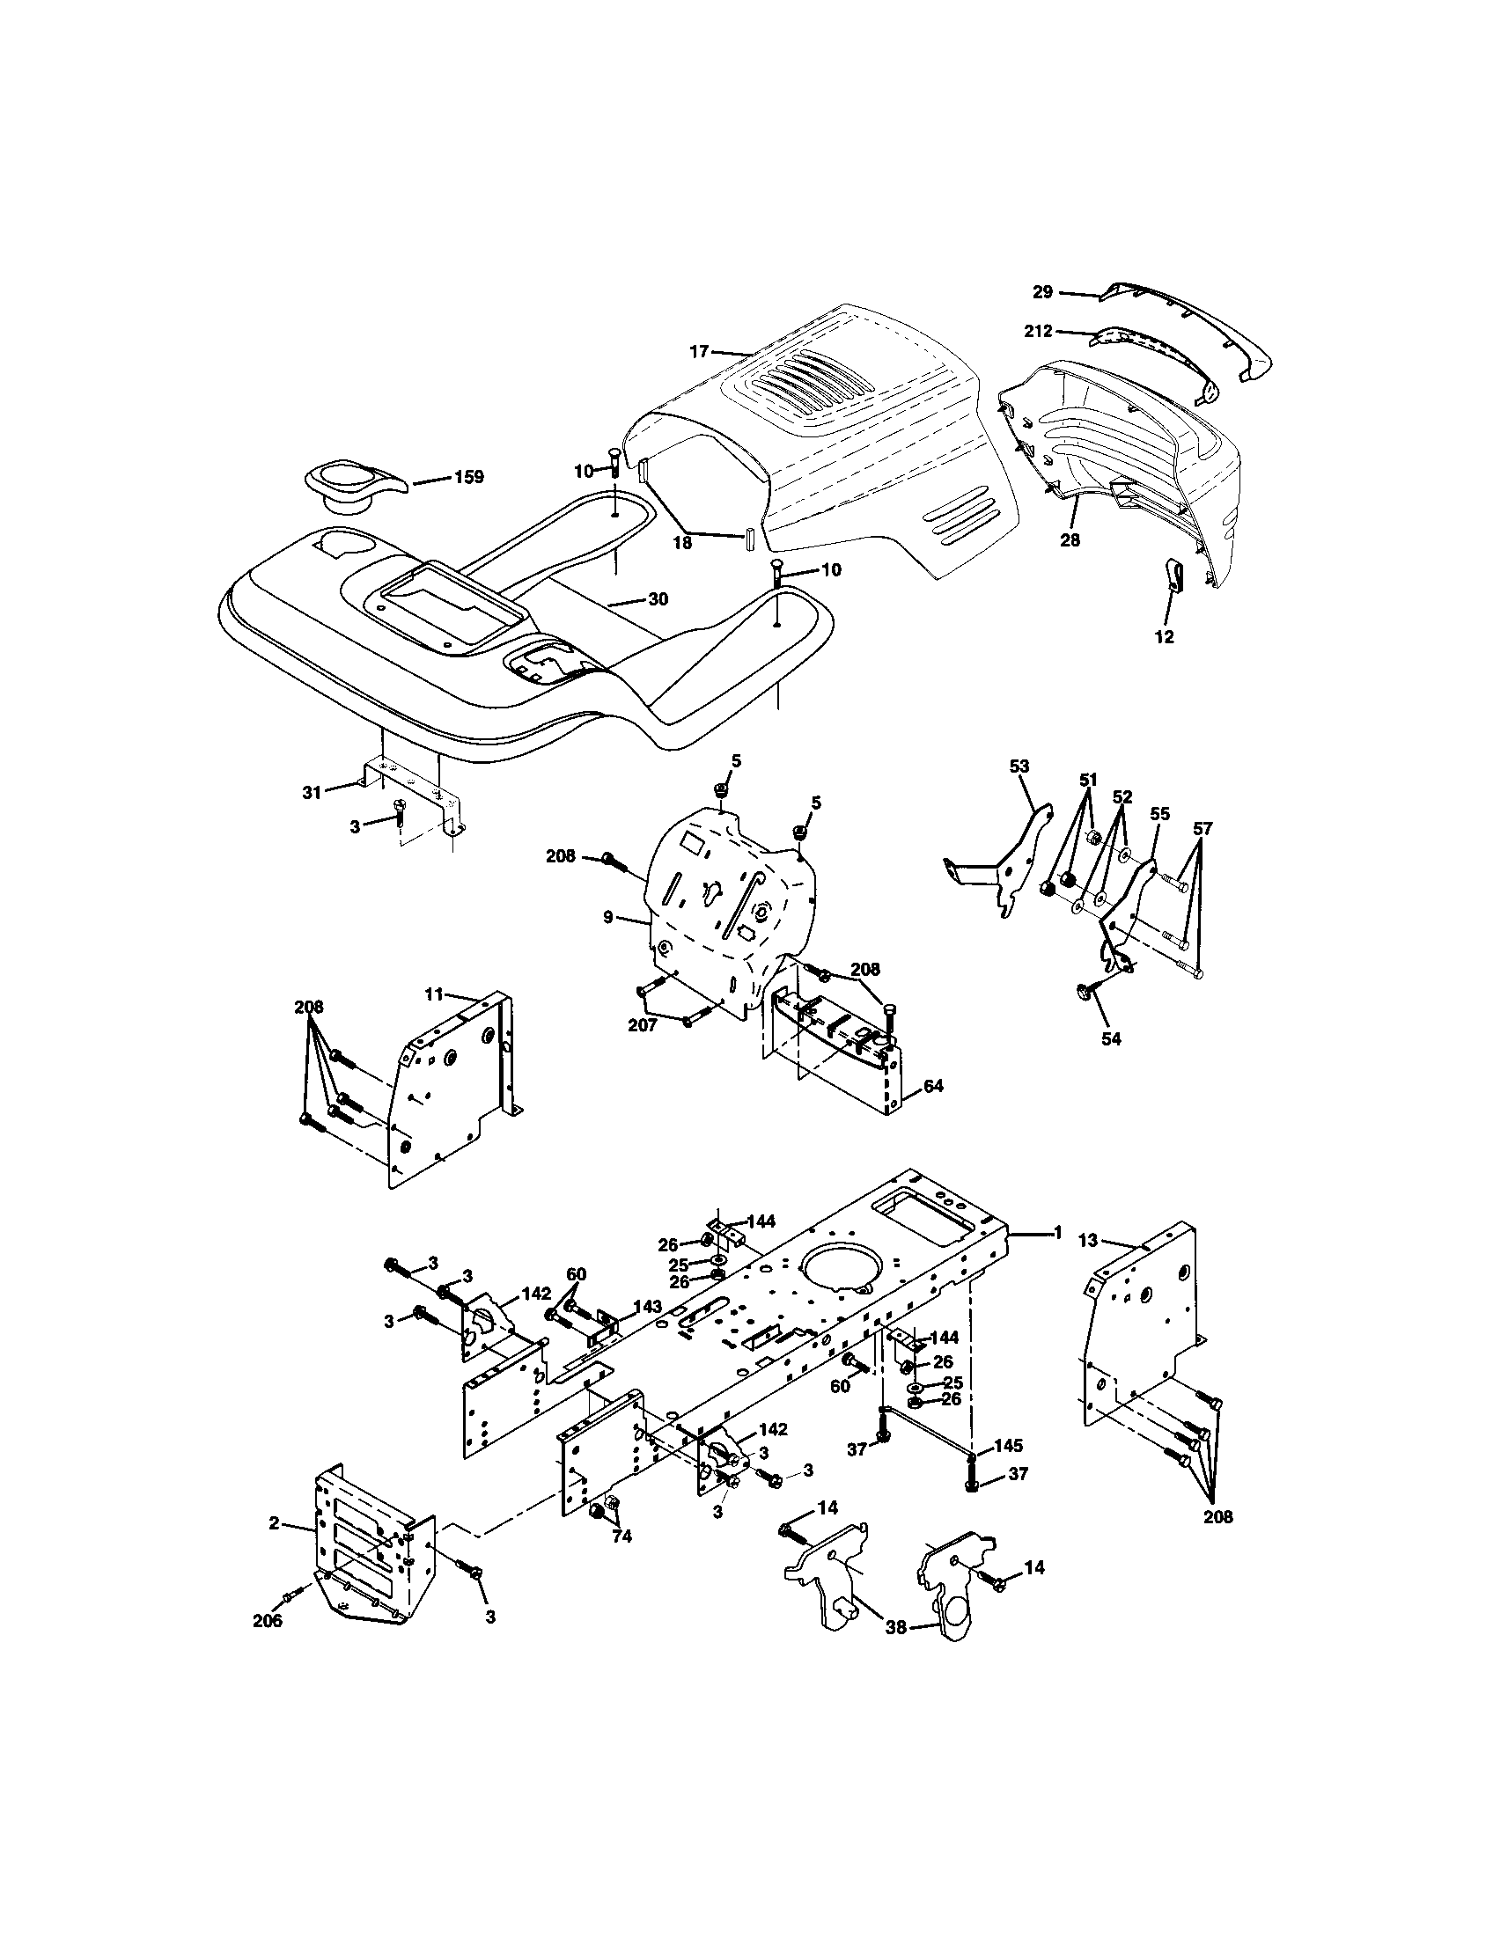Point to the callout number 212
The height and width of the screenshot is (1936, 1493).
(1037, 331)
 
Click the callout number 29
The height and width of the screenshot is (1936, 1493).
(1042, 290)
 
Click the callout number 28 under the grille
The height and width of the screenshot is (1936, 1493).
(1070, 539)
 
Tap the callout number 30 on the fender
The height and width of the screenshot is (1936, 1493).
(658, 599)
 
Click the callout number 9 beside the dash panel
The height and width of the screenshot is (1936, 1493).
(608, 917)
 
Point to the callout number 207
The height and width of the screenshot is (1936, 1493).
(642, 1024)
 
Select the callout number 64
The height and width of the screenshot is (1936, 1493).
(934, 1085)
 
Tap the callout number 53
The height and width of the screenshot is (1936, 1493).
(1019, 766)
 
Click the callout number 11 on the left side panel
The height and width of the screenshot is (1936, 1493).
(432, 994)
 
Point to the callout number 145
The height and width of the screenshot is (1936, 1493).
(1008, 1445)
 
